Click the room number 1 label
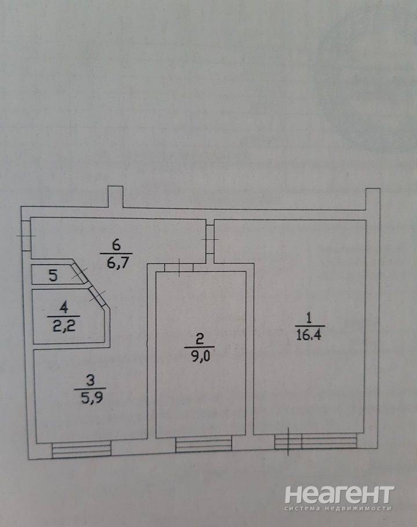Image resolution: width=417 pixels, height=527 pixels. pos(309,318)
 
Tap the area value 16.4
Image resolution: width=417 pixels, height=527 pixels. pos(309,335)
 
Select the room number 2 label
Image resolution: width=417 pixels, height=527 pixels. pos(199,339)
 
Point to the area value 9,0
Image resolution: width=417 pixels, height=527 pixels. pos(200,356)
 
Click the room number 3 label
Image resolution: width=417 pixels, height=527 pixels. pos(90,381)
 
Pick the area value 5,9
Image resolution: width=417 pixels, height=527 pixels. pos(92,398)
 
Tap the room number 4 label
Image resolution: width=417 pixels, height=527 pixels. pos(64,307)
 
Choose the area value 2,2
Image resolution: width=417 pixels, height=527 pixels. pos(64,326)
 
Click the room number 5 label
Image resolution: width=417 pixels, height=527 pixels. pos(53,275)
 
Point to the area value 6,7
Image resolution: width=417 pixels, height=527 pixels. pos(117,263)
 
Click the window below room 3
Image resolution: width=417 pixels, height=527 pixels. pos(82,450)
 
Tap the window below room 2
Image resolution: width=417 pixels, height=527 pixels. pos(204,444)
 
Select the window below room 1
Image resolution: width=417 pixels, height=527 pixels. pos(316,441)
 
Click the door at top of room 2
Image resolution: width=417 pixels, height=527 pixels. pos(179,268)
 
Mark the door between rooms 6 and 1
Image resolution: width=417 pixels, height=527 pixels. pos(210,239)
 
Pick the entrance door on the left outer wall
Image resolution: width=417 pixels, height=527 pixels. pos(26,236)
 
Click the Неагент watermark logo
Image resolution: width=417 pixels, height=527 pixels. pos(339,499)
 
